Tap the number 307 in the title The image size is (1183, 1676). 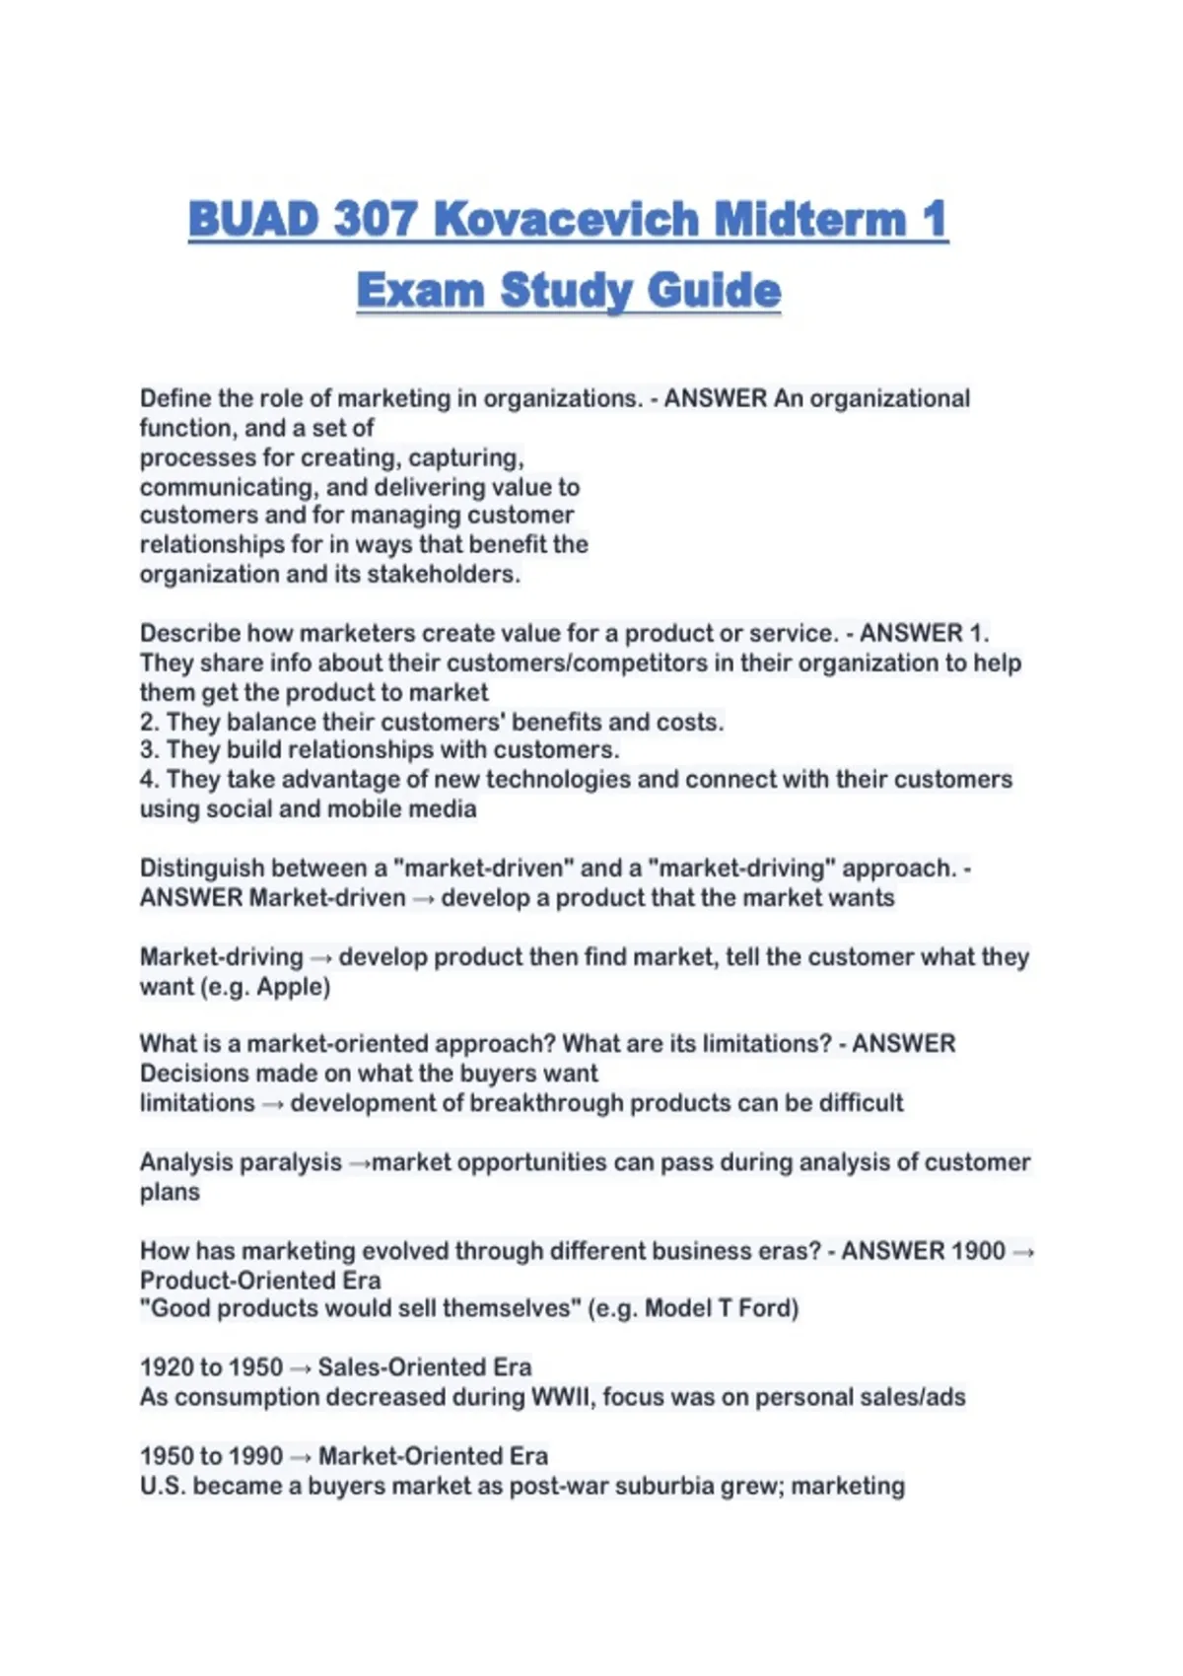pos(376,219)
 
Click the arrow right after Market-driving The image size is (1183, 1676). pos(321,958)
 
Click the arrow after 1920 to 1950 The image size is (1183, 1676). pos(301,1369)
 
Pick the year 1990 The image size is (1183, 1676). pos(255,1456)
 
